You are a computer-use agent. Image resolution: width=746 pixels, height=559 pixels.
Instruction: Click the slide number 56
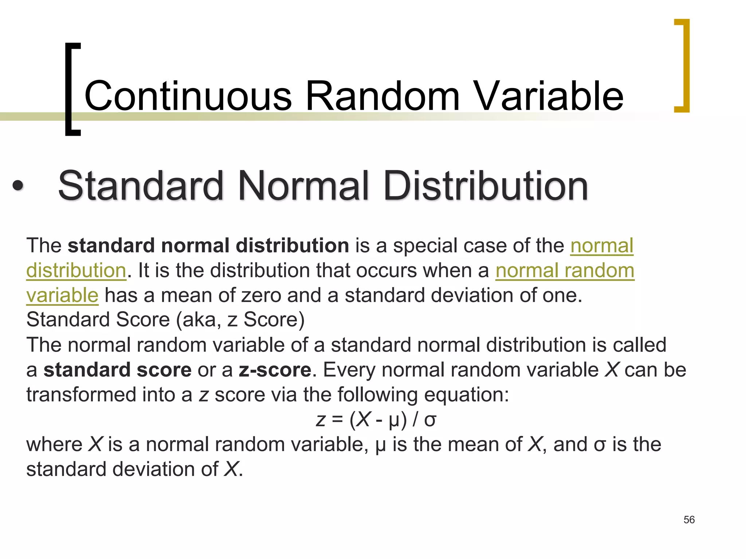click(689, 519)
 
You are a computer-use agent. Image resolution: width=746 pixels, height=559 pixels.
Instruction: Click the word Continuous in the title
click(188, 96)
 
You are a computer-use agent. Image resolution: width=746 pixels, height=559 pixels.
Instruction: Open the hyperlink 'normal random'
click(565, 271)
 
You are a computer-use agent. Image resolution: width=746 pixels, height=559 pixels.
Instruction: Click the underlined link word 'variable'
click(62, 295)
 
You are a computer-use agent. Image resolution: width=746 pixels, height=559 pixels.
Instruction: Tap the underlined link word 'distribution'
click(76, 271)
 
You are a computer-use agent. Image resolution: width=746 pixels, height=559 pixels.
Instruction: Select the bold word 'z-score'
click(275, 370)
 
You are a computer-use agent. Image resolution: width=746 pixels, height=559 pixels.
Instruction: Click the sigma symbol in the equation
click(430, 420)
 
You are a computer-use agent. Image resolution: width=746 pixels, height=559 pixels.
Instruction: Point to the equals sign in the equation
click(337, 420)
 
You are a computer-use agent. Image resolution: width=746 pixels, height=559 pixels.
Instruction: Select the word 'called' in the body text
click(639, 345)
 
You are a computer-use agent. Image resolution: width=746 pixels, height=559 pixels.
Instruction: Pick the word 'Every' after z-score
click(349, 370)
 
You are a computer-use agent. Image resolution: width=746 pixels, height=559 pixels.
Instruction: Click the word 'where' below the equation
click(54, 445)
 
